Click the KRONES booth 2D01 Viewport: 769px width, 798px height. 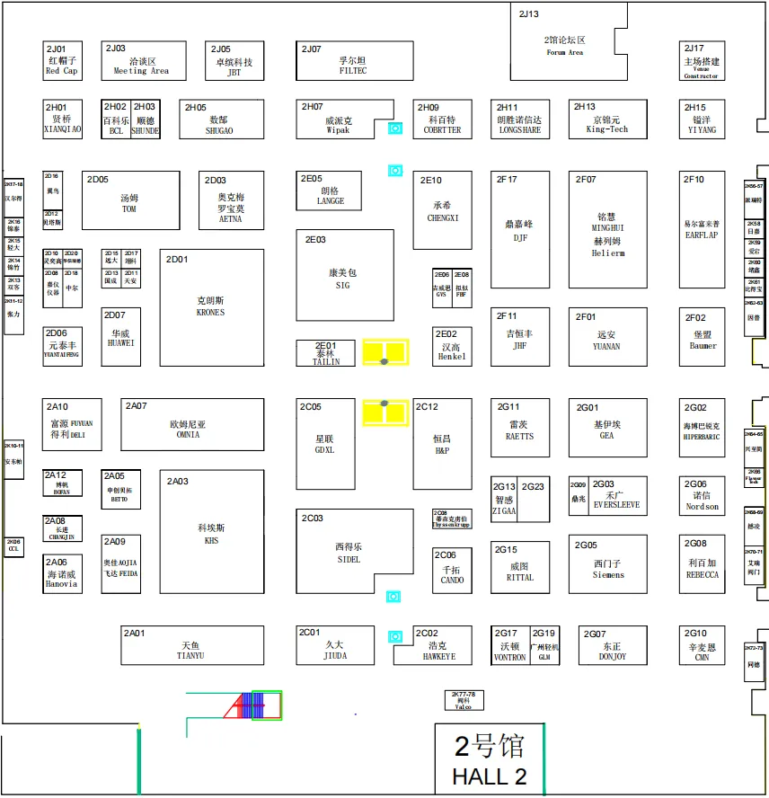[211, 306]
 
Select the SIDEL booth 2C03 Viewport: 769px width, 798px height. [348, 552]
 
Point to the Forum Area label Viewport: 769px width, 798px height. [564, 52]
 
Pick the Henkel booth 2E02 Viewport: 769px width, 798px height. [451, 346]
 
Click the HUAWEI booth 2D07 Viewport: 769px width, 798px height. [121, 337]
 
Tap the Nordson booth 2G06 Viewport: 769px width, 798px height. [701, 500]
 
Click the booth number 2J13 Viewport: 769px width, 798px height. [529, 13]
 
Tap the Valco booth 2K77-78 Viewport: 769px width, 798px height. [463, 700]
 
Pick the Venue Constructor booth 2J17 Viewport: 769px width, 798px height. [701, 61]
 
